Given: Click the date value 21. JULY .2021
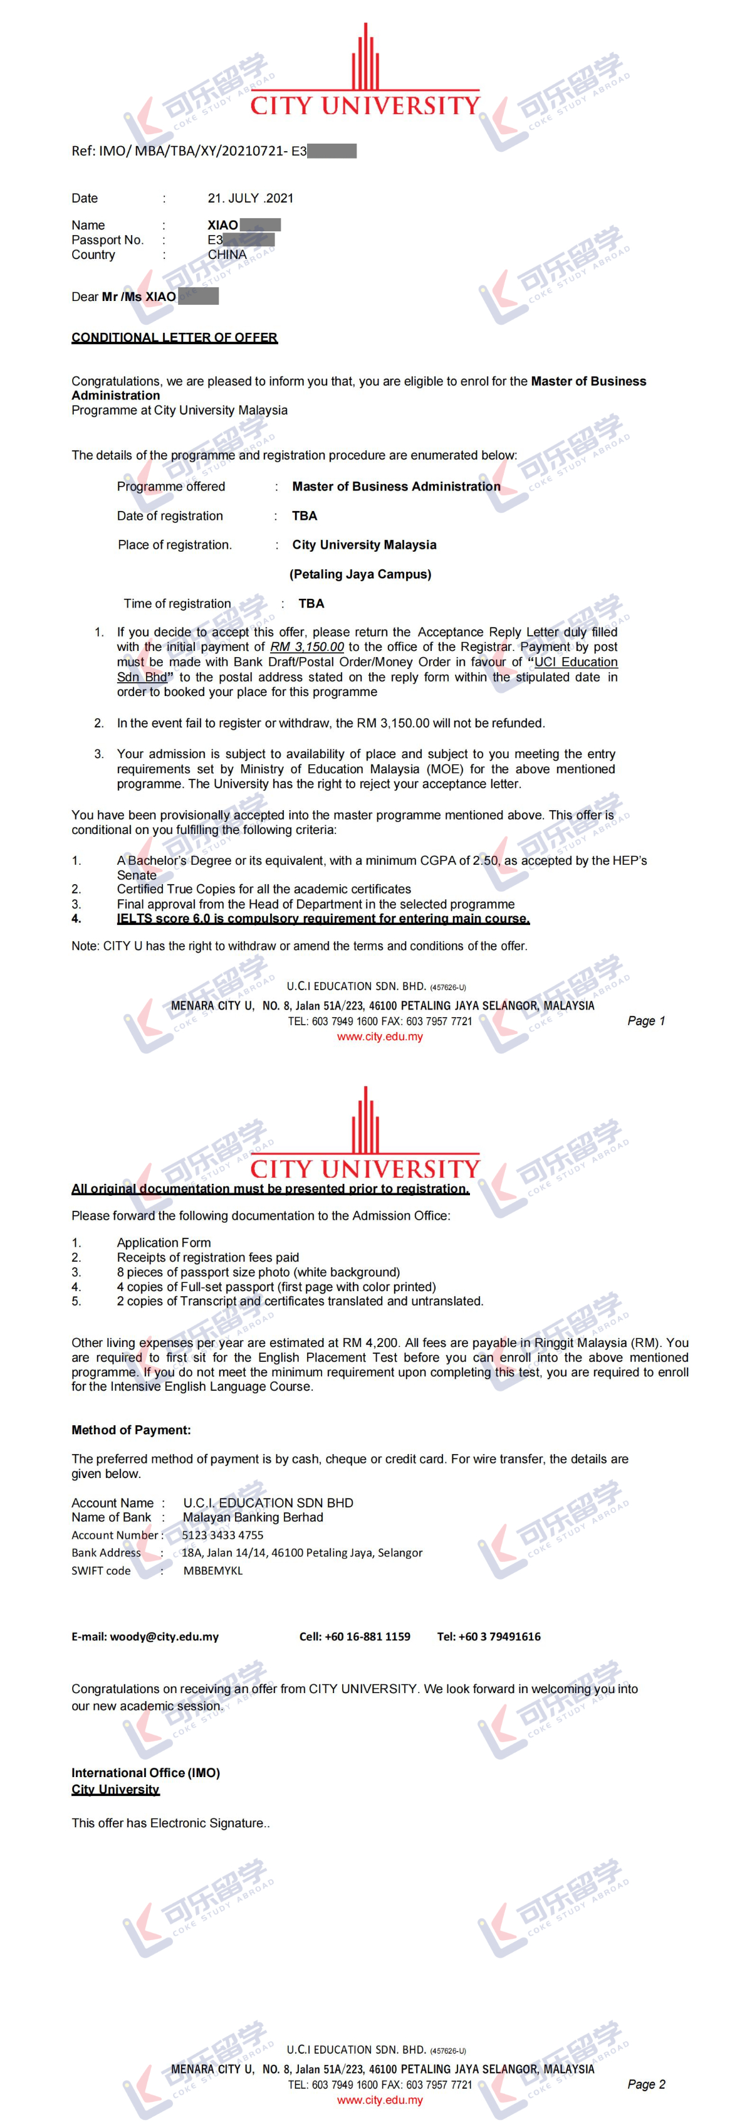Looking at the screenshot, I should [x=250, y=198].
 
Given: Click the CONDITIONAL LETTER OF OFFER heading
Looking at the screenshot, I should [x=174, y=338].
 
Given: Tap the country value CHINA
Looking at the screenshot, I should [x=227, y=255].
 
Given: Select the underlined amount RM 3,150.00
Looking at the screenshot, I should [x=306, y=647].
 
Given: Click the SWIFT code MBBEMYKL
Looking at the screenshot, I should [x=213, y=1570].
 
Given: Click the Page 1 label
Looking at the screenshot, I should [x=645, y=1021].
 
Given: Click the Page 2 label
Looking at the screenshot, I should [x=645, y=2084].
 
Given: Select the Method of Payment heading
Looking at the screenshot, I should [x=131, y=1430].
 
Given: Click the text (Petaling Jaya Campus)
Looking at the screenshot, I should [x=360, y=574].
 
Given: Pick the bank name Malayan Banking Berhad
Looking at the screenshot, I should [x=253, y=1517].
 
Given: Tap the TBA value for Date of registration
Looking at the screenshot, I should [x=305, y=516].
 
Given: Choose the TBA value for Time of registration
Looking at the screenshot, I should [x=311, y=604].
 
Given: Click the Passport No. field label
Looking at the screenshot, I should [x=107, y=240].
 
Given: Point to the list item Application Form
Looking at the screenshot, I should [x=164, y=1243].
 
